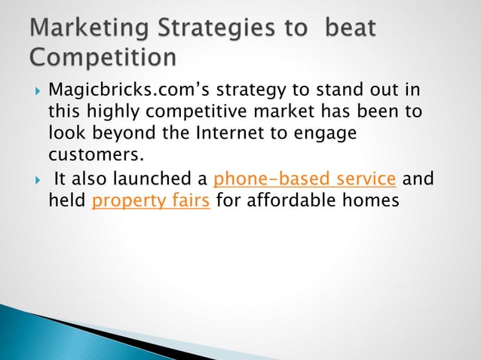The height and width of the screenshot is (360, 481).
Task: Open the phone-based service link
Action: point(305,180)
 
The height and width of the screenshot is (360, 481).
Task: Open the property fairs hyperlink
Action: point(151,201)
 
